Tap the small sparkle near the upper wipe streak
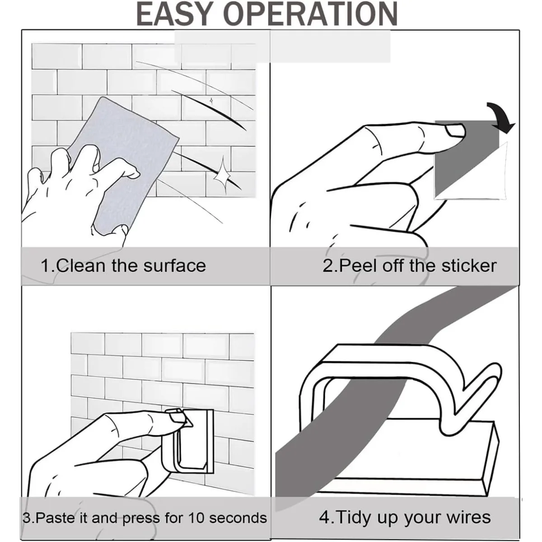point(211,100)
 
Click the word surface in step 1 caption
point(175,266)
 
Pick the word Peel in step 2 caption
point(358,266)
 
